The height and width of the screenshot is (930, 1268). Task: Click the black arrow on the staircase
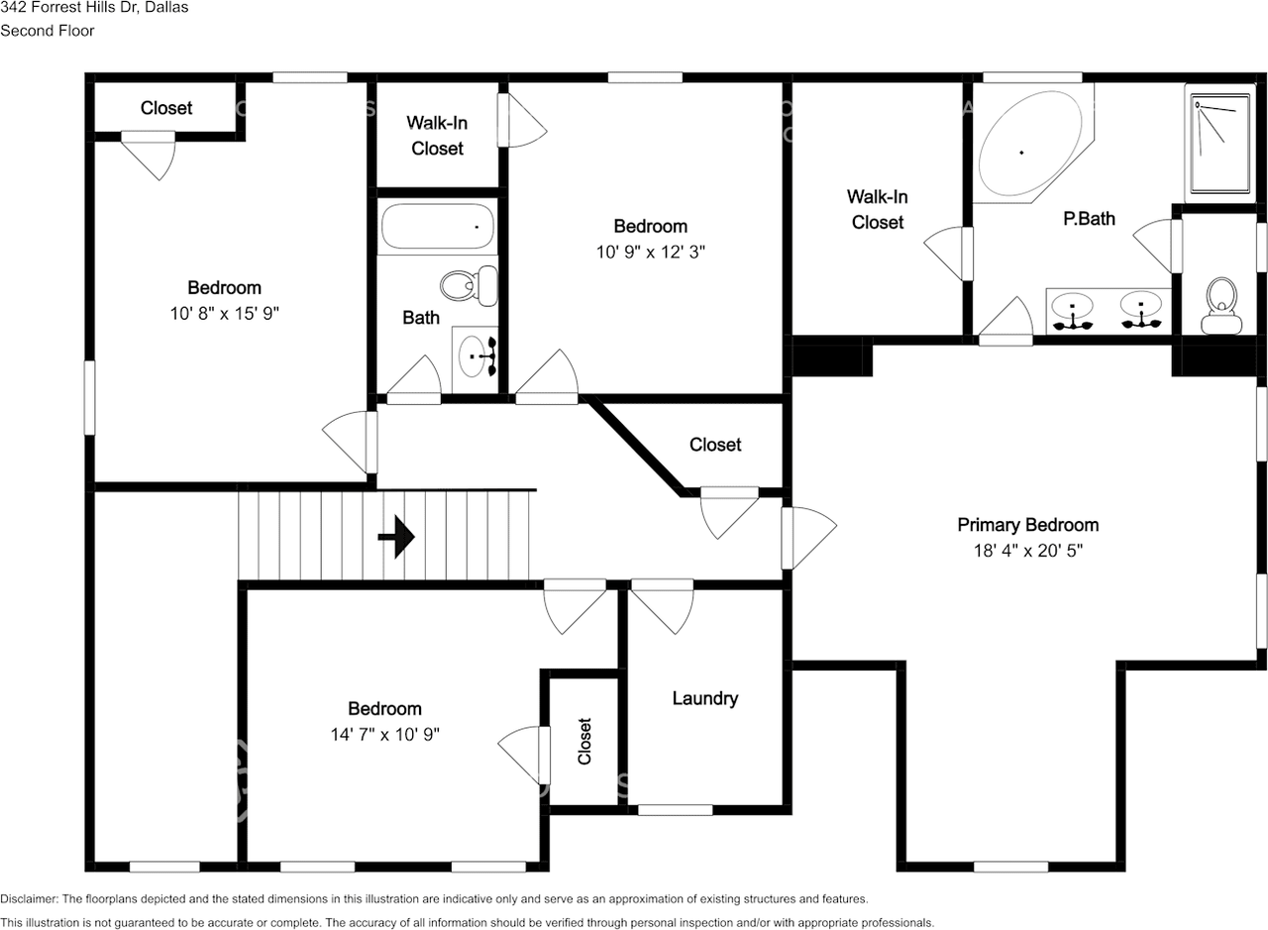396,537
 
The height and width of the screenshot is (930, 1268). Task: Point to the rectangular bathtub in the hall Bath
437,228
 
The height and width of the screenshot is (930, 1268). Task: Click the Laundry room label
704,698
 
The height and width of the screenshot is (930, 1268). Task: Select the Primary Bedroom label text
1027,525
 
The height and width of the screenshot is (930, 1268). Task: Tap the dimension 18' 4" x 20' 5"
1027,551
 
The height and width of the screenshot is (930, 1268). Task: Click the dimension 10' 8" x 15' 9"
225,314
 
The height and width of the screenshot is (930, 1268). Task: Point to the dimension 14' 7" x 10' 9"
384,735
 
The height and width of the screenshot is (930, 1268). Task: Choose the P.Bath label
1089,219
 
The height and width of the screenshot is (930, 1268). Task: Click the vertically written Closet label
584,741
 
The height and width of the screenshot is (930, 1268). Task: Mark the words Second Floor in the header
48,31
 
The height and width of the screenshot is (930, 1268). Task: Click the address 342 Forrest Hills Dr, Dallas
94,8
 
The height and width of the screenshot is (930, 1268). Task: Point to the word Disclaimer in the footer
29,899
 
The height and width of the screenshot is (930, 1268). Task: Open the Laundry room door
662,605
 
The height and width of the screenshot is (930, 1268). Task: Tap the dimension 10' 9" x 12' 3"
650,252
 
